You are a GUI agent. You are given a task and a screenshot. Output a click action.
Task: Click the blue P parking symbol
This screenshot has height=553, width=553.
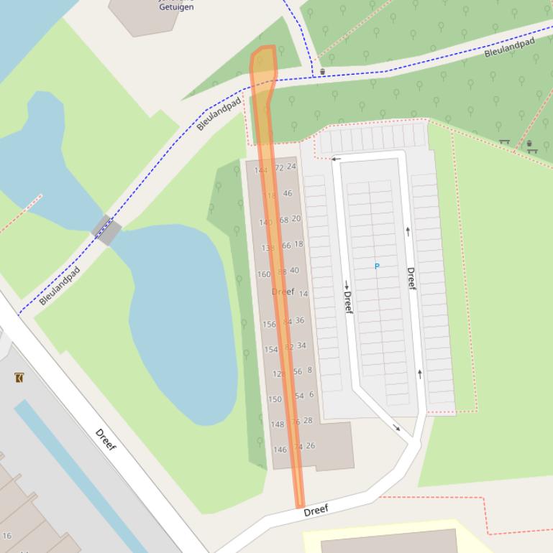coord(377,266)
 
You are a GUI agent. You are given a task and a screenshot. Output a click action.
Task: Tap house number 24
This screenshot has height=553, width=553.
coord(291,166)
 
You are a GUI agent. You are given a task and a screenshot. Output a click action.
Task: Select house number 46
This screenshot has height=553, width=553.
coord(288,193)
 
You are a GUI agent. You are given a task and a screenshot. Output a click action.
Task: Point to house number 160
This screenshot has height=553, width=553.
coord(263,274)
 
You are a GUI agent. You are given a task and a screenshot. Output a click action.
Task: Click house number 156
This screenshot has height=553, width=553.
coord(269,325)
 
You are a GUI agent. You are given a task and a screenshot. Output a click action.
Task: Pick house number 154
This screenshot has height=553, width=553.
coord(270,350)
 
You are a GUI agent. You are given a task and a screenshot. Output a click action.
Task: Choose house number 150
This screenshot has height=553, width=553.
coord(275,399)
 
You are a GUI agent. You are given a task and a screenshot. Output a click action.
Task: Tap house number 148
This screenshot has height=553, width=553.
coord(277,424)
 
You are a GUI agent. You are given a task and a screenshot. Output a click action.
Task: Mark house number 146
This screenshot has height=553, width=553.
coord(280,450)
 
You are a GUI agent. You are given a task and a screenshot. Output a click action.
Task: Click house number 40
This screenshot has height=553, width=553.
coord(294,270)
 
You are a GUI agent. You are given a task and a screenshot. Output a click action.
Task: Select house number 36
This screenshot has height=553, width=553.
coord(299,320)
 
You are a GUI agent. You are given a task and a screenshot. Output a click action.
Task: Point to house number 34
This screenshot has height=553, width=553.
coord(301,345)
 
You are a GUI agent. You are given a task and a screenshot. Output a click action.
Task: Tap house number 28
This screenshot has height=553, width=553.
coord(308,421)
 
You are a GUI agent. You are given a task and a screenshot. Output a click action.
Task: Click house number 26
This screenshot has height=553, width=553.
coord(310,446)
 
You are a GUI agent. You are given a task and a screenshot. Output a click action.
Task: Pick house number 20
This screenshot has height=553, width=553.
coord(296,218)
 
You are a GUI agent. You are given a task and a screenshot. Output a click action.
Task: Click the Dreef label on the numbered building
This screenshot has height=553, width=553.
coord(283,292)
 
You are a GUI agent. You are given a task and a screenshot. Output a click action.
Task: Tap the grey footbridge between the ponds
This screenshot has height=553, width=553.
coord(106,230)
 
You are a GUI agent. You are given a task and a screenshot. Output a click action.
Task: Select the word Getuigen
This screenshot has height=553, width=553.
coord(176,7)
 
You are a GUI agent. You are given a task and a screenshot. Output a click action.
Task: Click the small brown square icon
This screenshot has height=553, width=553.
coord(19,378)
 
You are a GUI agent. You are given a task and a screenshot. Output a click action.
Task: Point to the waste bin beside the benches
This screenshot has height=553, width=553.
coord(529,144)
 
